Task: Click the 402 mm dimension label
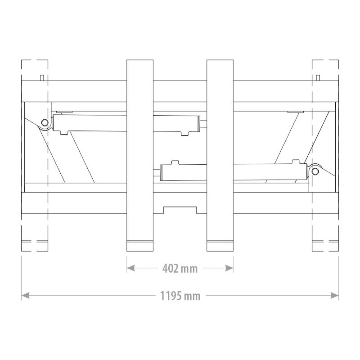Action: [180, 268]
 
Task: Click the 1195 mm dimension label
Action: [180, 296]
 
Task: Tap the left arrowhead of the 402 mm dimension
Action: [130, 268]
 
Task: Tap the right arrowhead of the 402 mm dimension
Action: [229, 268]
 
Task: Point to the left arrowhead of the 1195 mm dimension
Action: [26, 296]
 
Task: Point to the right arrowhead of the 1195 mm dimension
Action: [334, 296]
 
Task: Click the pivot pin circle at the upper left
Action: [45, 122]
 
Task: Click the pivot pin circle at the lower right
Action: [315, 171]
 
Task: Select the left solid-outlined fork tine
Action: [140, 155]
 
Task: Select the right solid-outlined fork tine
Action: [220, 155]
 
